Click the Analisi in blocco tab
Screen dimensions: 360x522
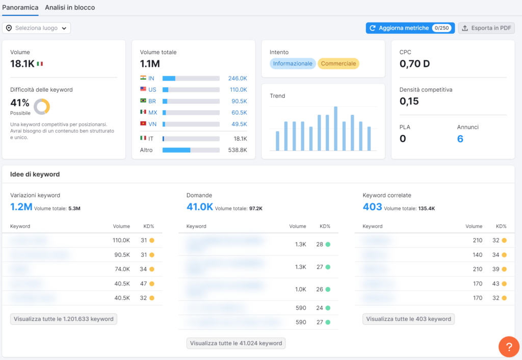tap(70, 8)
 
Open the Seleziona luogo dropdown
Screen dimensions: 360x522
tap(37, 28)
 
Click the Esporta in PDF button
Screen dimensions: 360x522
tap(486, 28)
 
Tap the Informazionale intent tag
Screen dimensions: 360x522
tap(293, 64)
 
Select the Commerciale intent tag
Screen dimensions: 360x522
tap(338, 64)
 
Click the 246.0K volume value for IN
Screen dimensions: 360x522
tap(238, 79)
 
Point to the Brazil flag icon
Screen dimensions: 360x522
tap(143, 101)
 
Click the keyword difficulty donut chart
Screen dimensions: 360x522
tap(42, 106)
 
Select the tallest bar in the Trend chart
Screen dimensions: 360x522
tap(336, 128)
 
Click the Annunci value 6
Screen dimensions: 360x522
tap(460, 139)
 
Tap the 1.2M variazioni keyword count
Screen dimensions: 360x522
tap(21, 207)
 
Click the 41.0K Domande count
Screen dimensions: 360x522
tap(200, 207)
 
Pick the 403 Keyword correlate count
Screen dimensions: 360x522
tap(372, 207)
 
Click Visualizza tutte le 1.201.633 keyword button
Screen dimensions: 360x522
tap(64, 319)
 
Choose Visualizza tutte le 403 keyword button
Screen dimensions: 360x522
tap(408, 319)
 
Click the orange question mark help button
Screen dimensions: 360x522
tap(509, 347)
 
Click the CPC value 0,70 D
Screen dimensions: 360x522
tap(414, 64)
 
